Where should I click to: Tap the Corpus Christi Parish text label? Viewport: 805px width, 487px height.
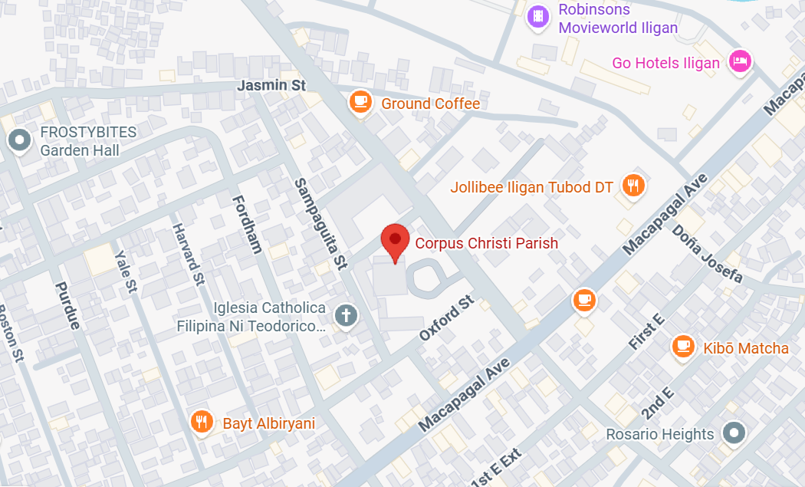coord(486,243)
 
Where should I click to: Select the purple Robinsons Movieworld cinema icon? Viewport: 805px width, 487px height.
coord(539,17)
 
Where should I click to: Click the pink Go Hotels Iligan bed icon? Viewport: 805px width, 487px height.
coord(739,61)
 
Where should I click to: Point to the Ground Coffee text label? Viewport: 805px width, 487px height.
coord(430,104)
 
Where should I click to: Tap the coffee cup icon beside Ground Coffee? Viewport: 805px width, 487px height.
coord(360,101)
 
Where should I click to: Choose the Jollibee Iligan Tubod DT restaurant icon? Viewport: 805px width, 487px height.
coord(632,185)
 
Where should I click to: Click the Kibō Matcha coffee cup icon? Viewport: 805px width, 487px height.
coord(682,346)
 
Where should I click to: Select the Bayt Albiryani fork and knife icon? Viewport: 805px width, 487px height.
coord(201,421)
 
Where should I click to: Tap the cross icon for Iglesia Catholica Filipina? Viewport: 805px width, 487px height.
coord(346,314)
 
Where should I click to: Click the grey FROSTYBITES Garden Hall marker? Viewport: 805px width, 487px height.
coord(18,140)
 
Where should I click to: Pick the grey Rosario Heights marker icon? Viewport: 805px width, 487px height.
coord(734,433)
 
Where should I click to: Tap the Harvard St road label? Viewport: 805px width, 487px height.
coord(189,254)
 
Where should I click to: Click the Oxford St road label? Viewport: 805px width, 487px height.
coord(446,319)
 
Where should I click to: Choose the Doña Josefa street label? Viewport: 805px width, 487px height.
coord(707,253)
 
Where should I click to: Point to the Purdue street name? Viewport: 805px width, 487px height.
coord(67,305)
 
